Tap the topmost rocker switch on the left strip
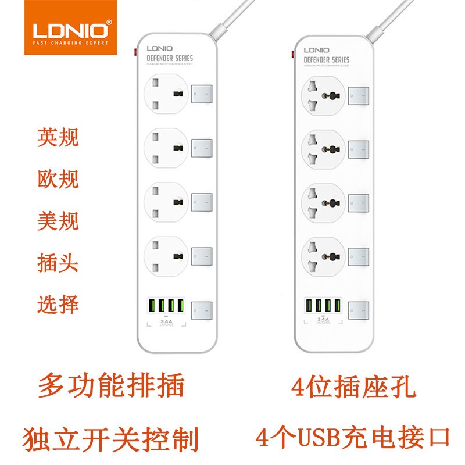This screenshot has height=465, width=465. (202, 94)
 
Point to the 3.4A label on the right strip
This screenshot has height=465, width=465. (323, 319)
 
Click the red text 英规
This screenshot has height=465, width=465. (58, 138)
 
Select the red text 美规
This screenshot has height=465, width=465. (58, 221)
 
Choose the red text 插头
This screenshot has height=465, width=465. (58, 263)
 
